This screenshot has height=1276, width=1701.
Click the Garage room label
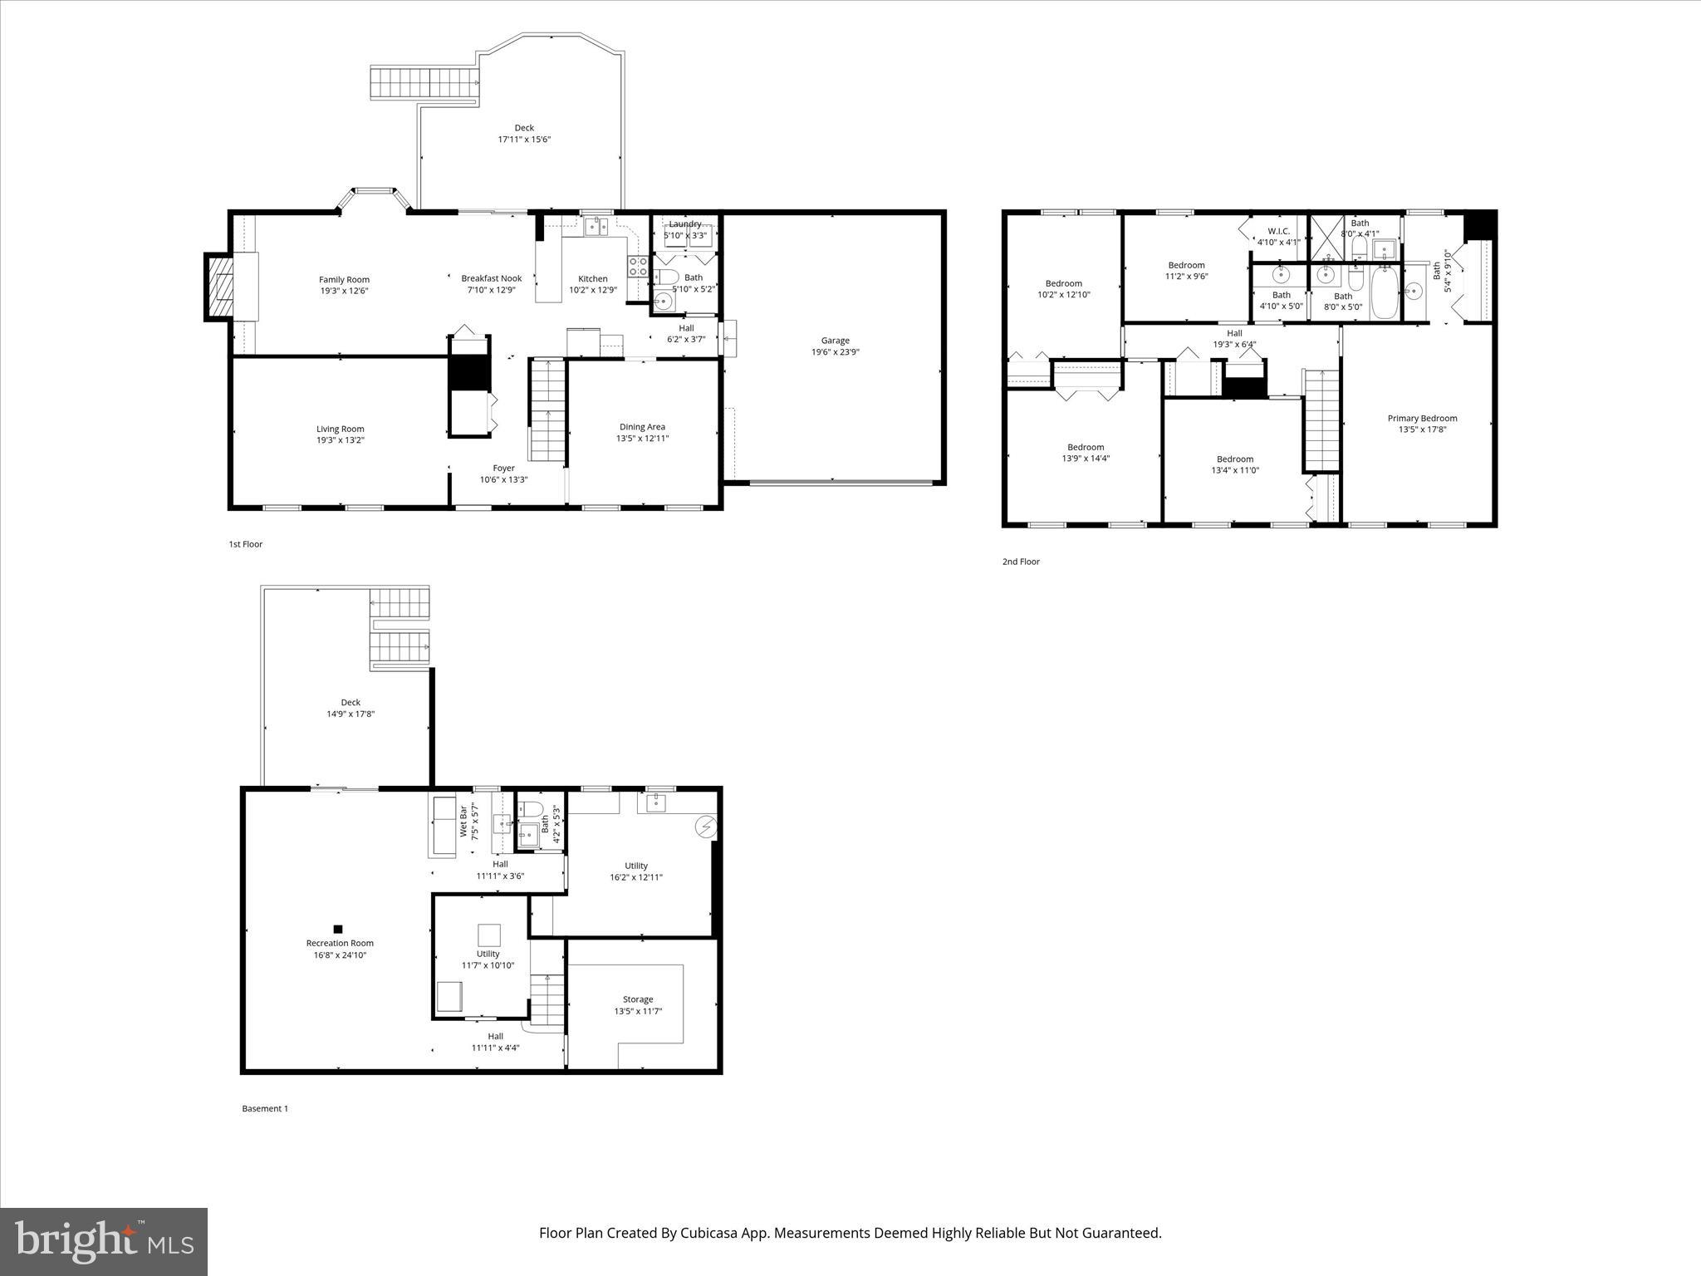(835, 341)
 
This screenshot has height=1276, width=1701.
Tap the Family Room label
(344, 280)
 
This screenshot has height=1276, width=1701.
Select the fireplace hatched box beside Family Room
(220, 287)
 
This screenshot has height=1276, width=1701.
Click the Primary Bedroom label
(1422, 419)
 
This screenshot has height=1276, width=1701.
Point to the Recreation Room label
(340, 943)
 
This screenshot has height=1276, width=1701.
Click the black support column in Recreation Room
(338, 929)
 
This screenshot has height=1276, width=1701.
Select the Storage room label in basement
(638, 999)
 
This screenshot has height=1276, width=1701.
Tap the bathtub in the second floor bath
(1385, 292)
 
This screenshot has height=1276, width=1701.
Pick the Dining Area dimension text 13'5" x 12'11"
(642, 439)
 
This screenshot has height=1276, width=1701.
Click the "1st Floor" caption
(246, 544)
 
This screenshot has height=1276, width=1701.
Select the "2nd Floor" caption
(1021, 562)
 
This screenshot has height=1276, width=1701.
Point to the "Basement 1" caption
(265, 1108)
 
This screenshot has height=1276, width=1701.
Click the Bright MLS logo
(104, 1241)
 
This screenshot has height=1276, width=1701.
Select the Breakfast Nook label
(492, 278)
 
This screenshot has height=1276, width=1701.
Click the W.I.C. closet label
(1278, 231)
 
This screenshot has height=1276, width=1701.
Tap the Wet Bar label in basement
(463, 822)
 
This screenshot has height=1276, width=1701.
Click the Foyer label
(503, 469)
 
